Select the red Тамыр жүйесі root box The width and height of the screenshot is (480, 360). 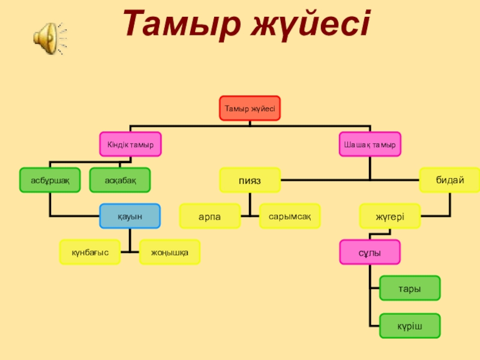(250, 109)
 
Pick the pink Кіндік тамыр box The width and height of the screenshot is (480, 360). (130, 145)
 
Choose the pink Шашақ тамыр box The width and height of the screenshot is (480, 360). (370, 145)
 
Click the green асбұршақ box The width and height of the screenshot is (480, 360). (50, 180)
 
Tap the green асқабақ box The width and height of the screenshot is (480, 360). (120, 180)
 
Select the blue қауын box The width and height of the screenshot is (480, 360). (130, 216)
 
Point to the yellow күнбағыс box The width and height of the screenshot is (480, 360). (89, 252)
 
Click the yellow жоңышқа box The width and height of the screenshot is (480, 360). (170, 252)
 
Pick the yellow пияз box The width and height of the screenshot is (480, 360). (250, 180)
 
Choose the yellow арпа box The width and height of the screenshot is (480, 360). (209, 216)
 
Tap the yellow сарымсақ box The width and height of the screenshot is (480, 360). (290, 216)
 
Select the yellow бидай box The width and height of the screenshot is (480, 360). (450, 180)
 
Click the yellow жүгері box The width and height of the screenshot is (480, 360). (390, 216)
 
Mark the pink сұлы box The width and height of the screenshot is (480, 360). (370, 252)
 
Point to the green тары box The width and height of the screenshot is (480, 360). (410, 288)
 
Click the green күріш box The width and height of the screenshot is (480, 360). (410, 325)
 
